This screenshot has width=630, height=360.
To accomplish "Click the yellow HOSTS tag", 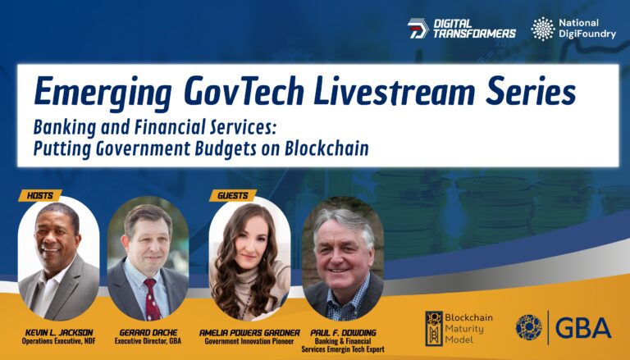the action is tap(39, 196).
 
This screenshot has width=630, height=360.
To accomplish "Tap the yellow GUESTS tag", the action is tap(233, 196).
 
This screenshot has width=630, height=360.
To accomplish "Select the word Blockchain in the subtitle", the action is tap(326, 148).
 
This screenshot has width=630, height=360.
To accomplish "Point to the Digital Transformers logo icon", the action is tap(418, 29).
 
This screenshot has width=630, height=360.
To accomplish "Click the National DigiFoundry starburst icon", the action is tap(543, 29).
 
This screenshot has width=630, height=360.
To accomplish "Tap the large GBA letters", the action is tap(582, 328).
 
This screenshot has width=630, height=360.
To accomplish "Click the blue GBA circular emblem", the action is tap(529, 327).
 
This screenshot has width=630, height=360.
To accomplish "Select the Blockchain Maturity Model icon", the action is tap(434, 328).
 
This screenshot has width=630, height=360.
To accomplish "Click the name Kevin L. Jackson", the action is tap(59, 333).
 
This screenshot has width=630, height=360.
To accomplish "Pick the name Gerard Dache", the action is tap(148, 333).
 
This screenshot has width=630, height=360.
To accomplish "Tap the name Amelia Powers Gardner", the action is tap(249, 333).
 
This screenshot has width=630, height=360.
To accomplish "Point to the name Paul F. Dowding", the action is tap(343, 333).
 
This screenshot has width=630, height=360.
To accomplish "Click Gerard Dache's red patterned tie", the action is tap(152, 299).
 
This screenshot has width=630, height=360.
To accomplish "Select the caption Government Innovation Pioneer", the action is tap(249, 341).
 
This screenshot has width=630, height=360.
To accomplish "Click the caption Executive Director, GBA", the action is tap(148, 341).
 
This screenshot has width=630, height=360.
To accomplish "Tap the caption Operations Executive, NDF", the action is tap(59, 341).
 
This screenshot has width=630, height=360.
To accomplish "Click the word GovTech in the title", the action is tap(244, 92).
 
